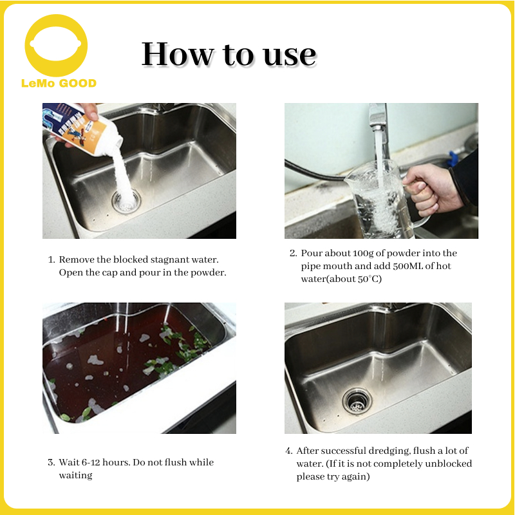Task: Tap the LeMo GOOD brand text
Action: point(59,83)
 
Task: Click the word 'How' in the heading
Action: point(178,54)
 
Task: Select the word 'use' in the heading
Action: point(289,56)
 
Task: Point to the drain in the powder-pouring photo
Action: point(126,201)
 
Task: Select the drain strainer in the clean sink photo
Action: point(357,401)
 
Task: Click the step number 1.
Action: point(51,260)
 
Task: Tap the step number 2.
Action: point(294,253)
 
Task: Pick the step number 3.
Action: point(51,463)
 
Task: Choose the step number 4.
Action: point(289,451)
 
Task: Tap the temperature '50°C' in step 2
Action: point(370,279)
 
